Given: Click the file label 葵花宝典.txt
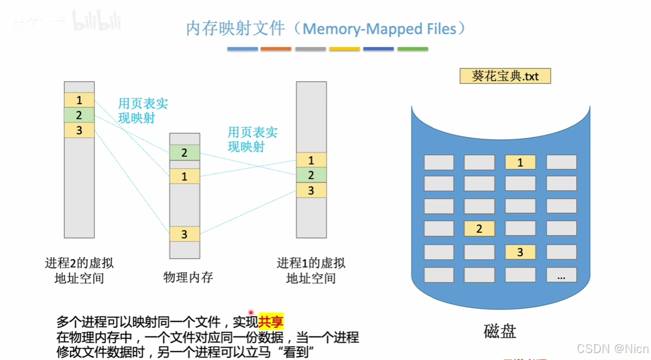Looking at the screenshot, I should [506, 76].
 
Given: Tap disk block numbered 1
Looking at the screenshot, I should [520, 162].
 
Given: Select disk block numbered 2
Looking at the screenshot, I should [479, 229].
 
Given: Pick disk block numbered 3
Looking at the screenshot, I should [520, 252].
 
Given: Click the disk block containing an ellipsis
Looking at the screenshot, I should [561, 275].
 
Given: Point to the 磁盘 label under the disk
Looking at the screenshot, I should [500, 331].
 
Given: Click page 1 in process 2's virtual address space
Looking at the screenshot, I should [79, 100].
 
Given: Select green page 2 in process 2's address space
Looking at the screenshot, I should [79, 115].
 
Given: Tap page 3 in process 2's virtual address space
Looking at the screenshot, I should [79, 131].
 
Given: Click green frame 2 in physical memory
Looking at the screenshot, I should [184, 153].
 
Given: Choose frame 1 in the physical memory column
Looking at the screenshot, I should [184, 176].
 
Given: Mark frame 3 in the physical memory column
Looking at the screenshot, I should [184, 234].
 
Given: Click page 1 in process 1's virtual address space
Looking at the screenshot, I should [311, 160].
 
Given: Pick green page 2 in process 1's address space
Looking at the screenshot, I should [311, 175].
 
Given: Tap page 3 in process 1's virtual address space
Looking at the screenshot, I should [311, 190].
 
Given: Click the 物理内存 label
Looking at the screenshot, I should [188, 277].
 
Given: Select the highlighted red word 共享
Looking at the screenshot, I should [271, 321].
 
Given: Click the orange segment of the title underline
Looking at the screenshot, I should [276, 49].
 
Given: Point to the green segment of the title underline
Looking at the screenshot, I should [412, 49].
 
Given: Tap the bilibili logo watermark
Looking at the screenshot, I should [96, 22].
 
